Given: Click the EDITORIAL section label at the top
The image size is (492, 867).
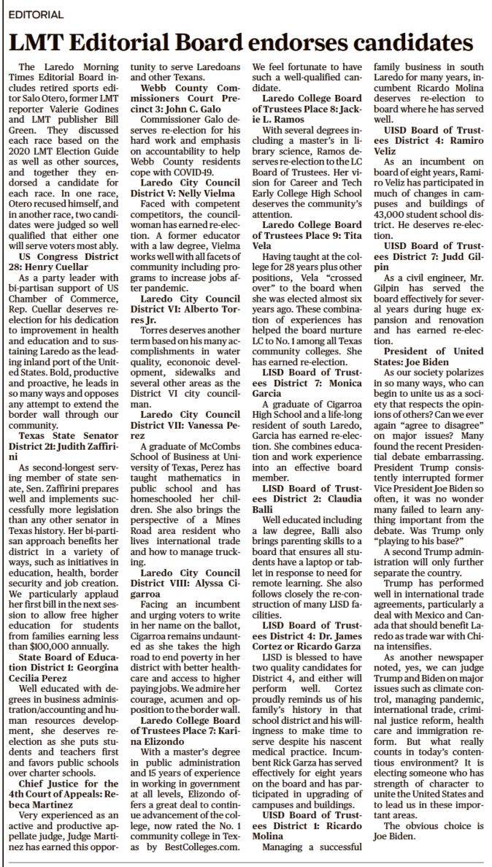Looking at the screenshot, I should point(36,14).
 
